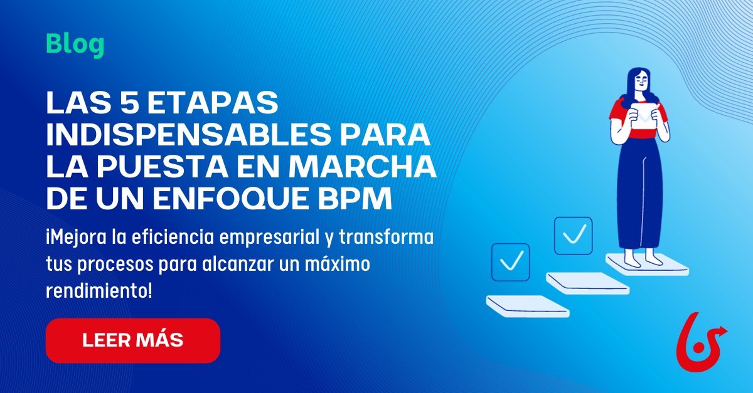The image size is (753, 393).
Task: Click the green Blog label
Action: click(75, 46)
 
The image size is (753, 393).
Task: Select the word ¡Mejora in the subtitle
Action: click(77, 239)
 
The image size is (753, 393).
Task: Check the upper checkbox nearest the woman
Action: click(573, 236)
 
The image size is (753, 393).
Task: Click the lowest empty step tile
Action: click(527, 306)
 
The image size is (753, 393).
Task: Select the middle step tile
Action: click(587, 283)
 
